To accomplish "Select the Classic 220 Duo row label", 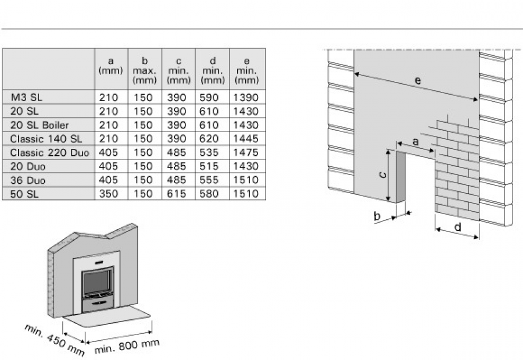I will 49,152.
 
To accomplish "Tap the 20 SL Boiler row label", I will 39,125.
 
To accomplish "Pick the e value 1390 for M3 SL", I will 247,98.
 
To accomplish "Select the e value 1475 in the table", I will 247,152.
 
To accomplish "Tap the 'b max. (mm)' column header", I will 145,69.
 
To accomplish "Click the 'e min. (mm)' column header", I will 247,69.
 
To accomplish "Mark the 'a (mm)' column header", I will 111,66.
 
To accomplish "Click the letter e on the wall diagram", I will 418,81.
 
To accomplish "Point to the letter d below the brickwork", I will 457,227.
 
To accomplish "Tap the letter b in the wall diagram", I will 377,216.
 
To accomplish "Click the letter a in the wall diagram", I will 415,142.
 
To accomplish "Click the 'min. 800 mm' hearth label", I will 127,346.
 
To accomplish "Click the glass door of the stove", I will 97,282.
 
